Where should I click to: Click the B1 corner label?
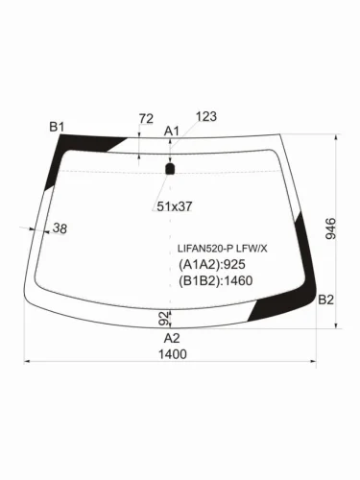tap(57, 127)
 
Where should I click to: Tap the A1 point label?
tap(172, 131)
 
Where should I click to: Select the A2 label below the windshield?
tap(172, 338)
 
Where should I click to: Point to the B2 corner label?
tap(325, 300)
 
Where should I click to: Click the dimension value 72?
tap(146, 119)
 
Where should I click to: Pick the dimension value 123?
tap(206, 116)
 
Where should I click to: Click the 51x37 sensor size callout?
tap(175, 206)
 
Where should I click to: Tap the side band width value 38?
tap(60, 228)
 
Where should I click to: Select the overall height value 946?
tap(331, 228)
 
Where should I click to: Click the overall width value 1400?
tap(173, 354)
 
